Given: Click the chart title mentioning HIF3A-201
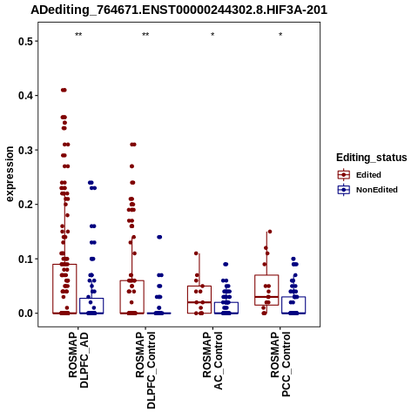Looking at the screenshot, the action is (x=179, y=10).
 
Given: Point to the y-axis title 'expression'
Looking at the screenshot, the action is (x=10, y=174).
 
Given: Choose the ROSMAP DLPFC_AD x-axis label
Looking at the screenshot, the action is (x=78, y=360).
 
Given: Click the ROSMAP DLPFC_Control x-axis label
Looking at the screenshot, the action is (x=145, y=370).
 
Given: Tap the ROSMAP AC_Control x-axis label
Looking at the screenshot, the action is (x=212, y=361).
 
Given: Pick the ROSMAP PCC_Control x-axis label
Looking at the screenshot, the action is (x=280, y=364).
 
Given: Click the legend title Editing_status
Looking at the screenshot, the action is (x=372, y=158).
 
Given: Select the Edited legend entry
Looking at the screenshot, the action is (x=360, y=175).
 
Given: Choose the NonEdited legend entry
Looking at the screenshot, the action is (x=367, y=190).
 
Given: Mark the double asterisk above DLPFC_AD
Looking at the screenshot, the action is (x=78, y=35).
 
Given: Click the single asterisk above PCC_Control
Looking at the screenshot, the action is (x=280, y=35).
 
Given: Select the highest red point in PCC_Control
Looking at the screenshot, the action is (x=270, y=232).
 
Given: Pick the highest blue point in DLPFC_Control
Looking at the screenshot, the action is (x=159, y=237).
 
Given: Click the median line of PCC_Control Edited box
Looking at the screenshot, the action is (x=266, y=297).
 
